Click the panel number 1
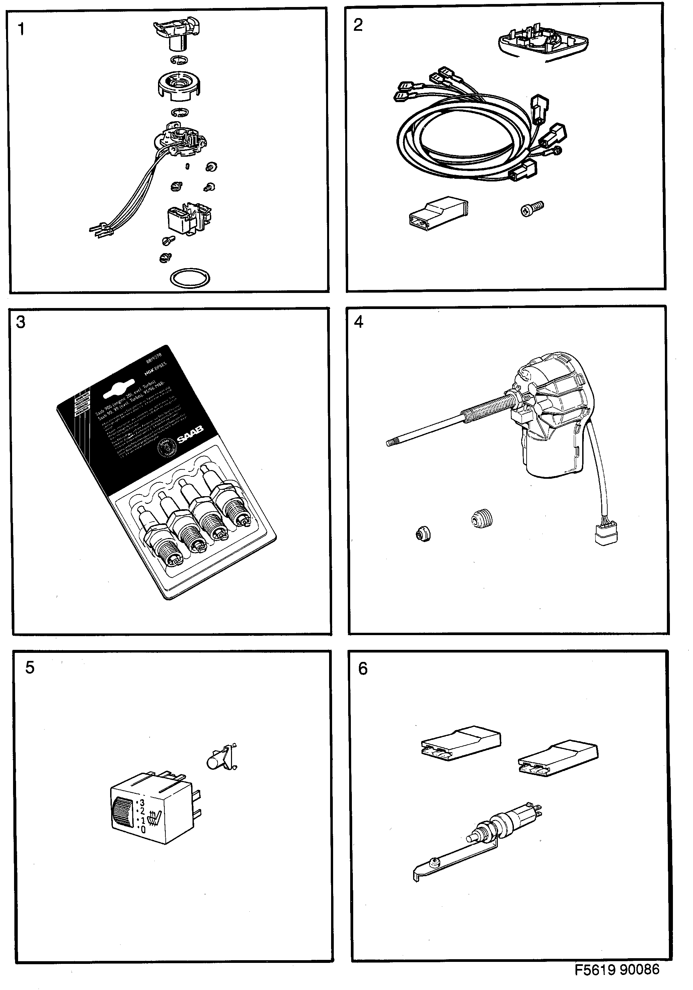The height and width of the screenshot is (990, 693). click(21, 30)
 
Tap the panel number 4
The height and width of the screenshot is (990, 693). click(358, 322)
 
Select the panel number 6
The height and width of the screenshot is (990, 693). click(363, 669)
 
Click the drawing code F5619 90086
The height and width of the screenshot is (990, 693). click(617, 970)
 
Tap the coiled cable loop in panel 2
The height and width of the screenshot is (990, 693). click(461, 138)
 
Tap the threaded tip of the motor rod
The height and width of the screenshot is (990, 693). click(392, 442)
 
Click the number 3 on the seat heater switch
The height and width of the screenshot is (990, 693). click(142, 803)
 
